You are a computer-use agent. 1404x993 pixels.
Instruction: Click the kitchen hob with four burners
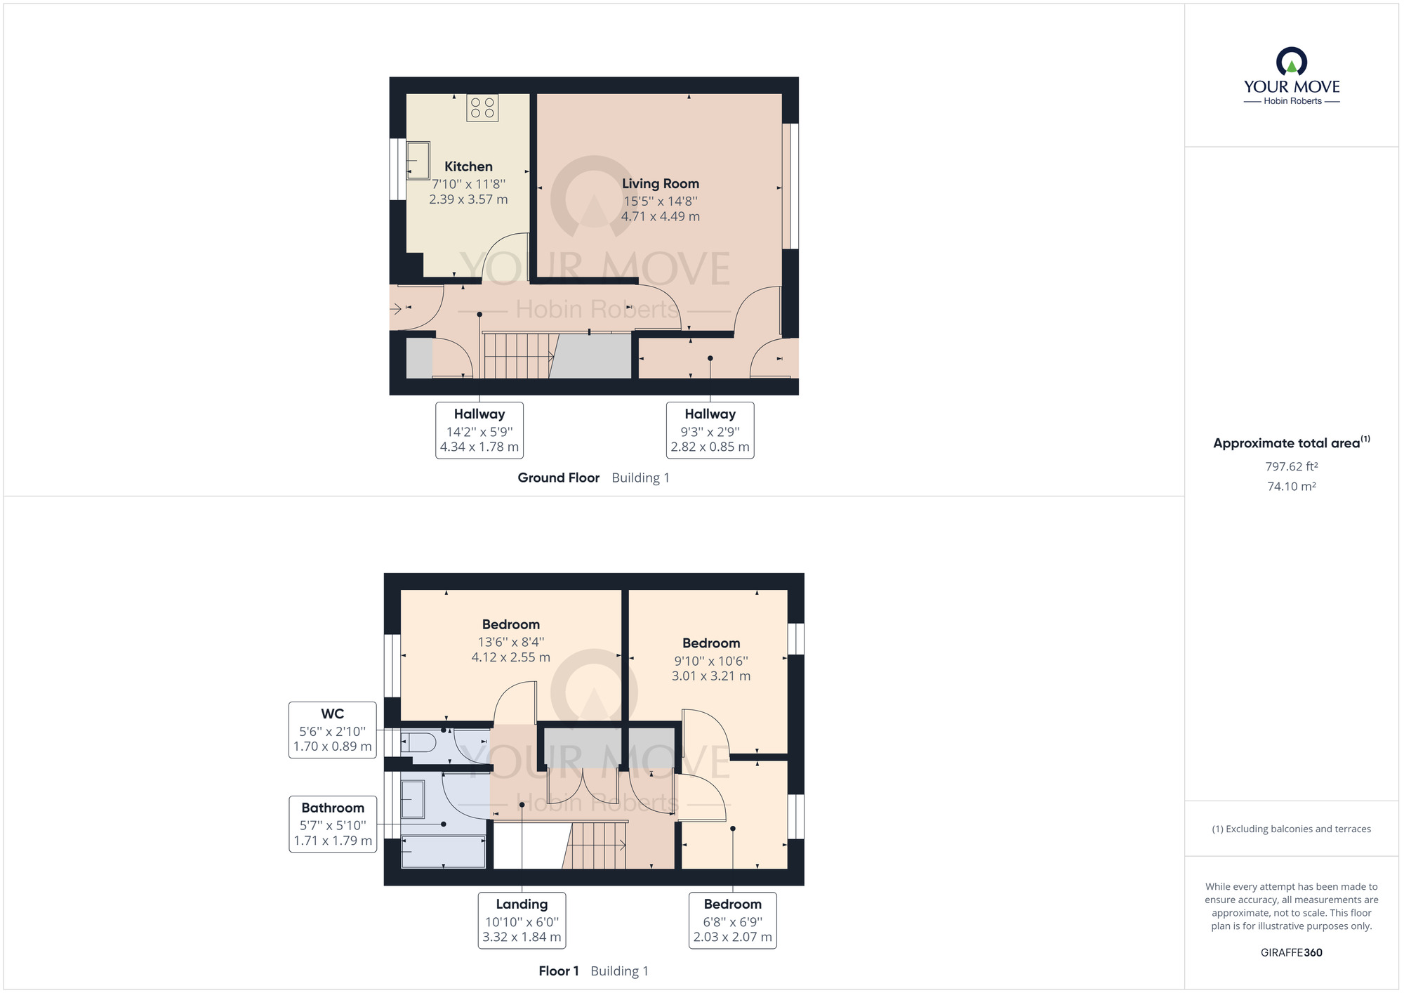pyautogui.click(x=482, y=107)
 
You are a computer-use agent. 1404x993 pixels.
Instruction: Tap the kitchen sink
pyautogui.click(x=418, y=161)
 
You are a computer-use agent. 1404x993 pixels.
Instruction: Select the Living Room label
pyautogui.click(x=661, y=183)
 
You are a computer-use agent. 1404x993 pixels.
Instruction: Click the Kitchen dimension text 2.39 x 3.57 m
pyautogui.click(x=468, y=199)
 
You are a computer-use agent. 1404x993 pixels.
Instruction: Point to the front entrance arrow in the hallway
pyautogui.click(x=396, y=308)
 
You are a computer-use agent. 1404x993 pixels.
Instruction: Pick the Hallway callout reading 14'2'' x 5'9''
pyautogui.click(x=479, y=430)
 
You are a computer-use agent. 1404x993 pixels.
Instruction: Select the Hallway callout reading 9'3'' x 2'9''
pyautogui.click(x=710, y=430)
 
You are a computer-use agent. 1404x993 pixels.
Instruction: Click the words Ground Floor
pyautogui.click(x=559, y=478)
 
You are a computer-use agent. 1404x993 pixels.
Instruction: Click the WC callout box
pyautogui.click(x=333, y=730)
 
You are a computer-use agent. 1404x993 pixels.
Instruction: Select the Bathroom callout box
pyautogui.click(x=333, y=824)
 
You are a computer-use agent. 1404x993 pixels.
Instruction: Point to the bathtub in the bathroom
pyautogui.click(x=443, y=851)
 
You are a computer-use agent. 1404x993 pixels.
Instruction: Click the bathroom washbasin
pyautogui.click(x=413, y=799)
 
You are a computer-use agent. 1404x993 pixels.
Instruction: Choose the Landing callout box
pyautogui.click(x=522, y=921)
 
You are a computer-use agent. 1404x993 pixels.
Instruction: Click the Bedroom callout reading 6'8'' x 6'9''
pyautogui.click(x=733, y=921)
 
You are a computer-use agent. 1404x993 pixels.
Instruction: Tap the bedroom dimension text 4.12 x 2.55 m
pyautogui.click(x=511, y=657)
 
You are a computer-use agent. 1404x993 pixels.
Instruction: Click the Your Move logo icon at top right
pyautogui.click(x=1292, y=61)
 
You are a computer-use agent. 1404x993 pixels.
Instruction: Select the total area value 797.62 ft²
pyautogui.click(x=1292, y=466)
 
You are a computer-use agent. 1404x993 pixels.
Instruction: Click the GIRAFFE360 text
pyautogui.click(x=1292, y=952)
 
